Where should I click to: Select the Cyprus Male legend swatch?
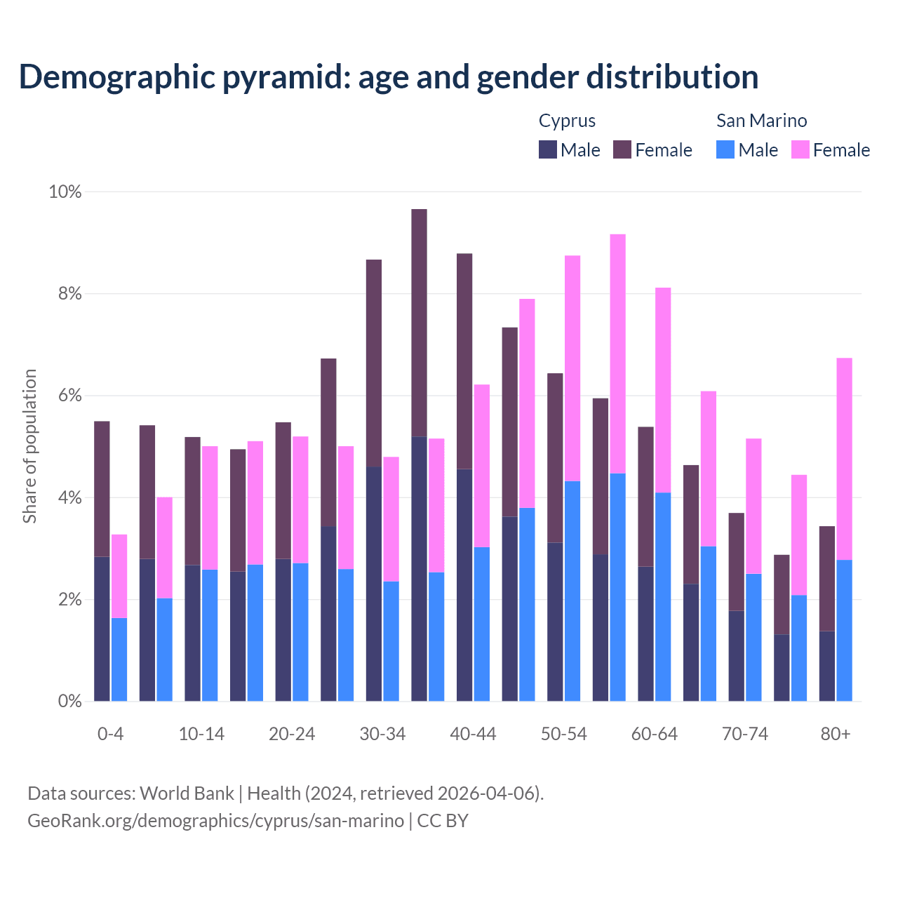[548, 149]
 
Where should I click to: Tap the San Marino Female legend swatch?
[800, 149]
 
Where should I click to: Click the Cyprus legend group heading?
[567, 121]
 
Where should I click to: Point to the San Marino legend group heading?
[761, 121]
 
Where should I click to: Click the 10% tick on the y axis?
[65, 192]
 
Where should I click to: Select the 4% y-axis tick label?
[69, 498]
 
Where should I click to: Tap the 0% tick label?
[69, 702]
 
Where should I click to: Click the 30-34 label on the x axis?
[382, 734]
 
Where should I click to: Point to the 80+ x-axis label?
[836, 734]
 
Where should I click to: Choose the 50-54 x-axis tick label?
[563, 734]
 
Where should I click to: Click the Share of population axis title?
[30, 446]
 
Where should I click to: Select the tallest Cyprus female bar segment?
[419, 323]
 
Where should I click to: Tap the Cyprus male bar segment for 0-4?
[102, 629]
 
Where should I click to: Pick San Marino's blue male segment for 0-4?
[119, 659]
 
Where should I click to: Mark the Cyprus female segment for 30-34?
[374, 363]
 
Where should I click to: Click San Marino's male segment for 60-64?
[663, 596]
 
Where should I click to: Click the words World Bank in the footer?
[187, 793]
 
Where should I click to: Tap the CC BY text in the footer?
[443, 821]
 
